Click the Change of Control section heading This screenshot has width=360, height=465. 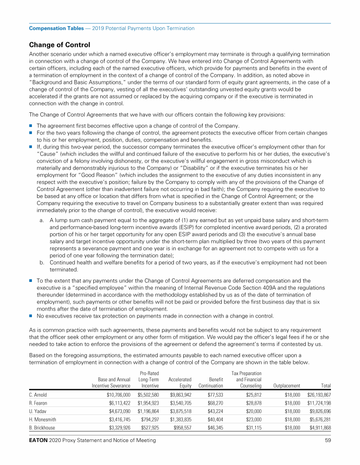(x=60, y=45)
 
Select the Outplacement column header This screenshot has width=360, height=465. (x=286, y=386)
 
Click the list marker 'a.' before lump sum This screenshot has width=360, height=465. (x=42, y=220)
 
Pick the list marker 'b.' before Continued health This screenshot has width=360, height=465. (x=42, y=263)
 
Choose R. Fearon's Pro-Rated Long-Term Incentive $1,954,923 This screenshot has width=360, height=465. (x=148, y=404)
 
